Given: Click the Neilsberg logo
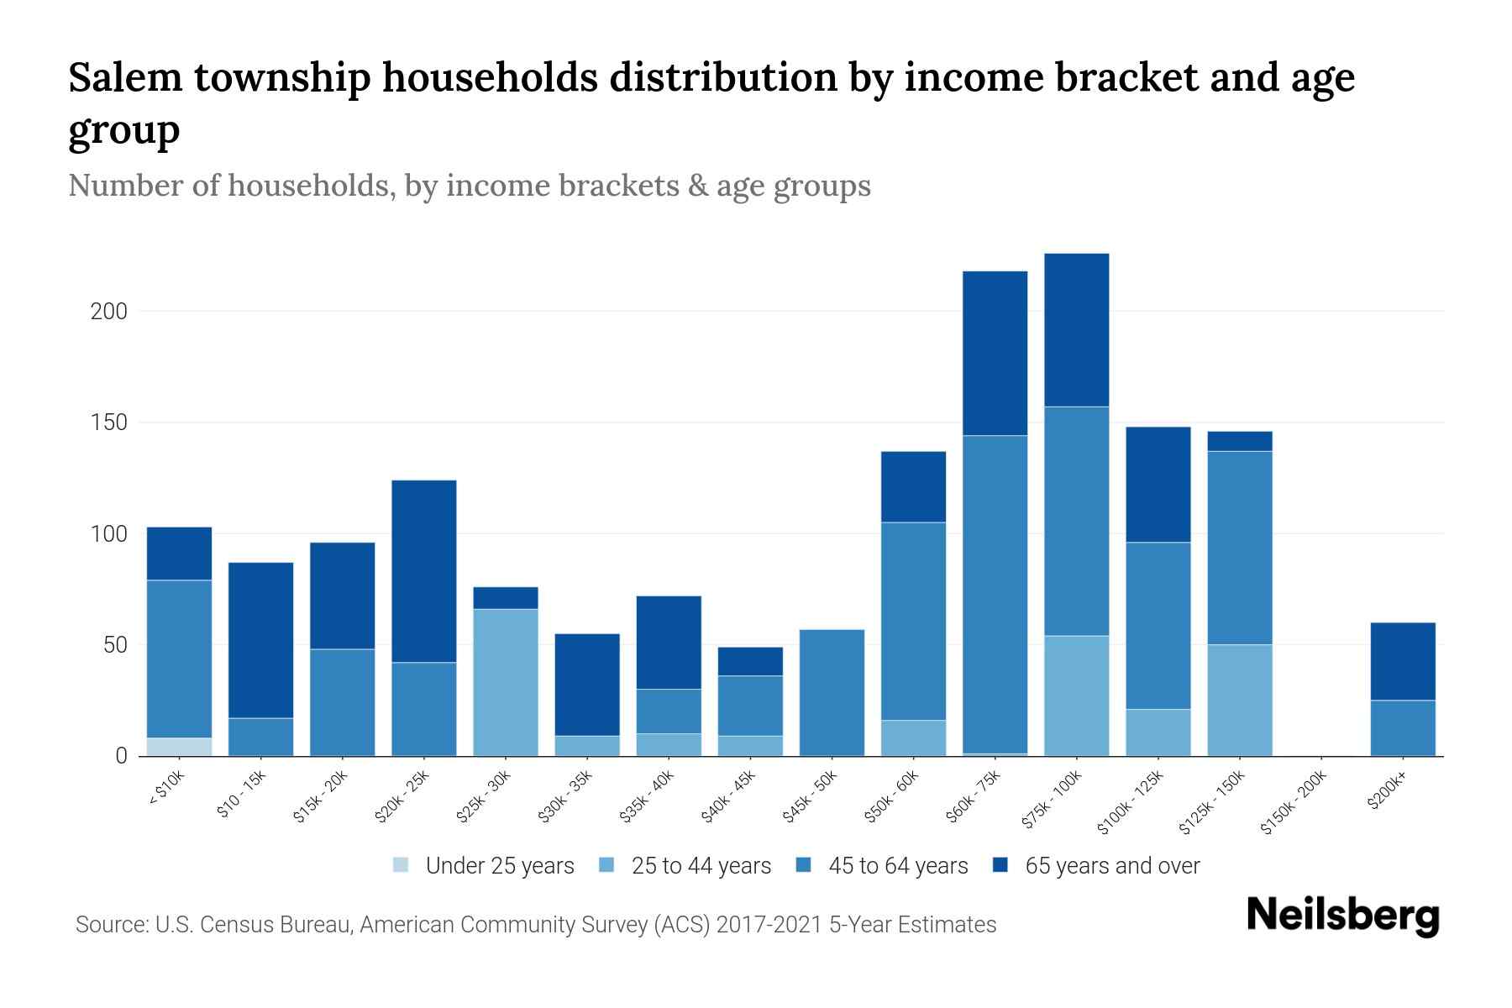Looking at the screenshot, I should tap(1342, 916).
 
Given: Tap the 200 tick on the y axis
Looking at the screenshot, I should tap(108, 312).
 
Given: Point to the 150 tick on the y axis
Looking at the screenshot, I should tap(108, 423).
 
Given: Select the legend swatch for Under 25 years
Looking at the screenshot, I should tap(402, 865).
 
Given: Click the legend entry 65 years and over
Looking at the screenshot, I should tap(1112, 865).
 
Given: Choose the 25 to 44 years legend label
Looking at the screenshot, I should tap(701, 865).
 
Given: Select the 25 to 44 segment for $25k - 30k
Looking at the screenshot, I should tap(506, 682).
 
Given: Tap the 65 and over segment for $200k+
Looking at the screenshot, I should tap(1403, 661).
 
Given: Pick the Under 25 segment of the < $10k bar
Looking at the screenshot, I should tap(179, 747).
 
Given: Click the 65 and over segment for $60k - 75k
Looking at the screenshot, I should tap(995, 353).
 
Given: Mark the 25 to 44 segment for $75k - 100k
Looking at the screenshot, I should tap(1076, 696).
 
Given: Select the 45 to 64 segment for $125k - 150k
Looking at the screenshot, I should tap(1239, 548).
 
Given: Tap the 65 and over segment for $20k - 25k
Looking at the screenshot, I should tap(424, 571).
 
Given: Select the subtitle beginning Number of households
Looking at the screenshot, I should tap(470, 186).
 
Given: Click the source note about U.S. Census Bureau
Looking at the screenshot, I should tap(536, 925).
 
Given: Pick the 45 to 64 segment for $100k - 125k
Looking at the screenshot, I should tap(1158, 626).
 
